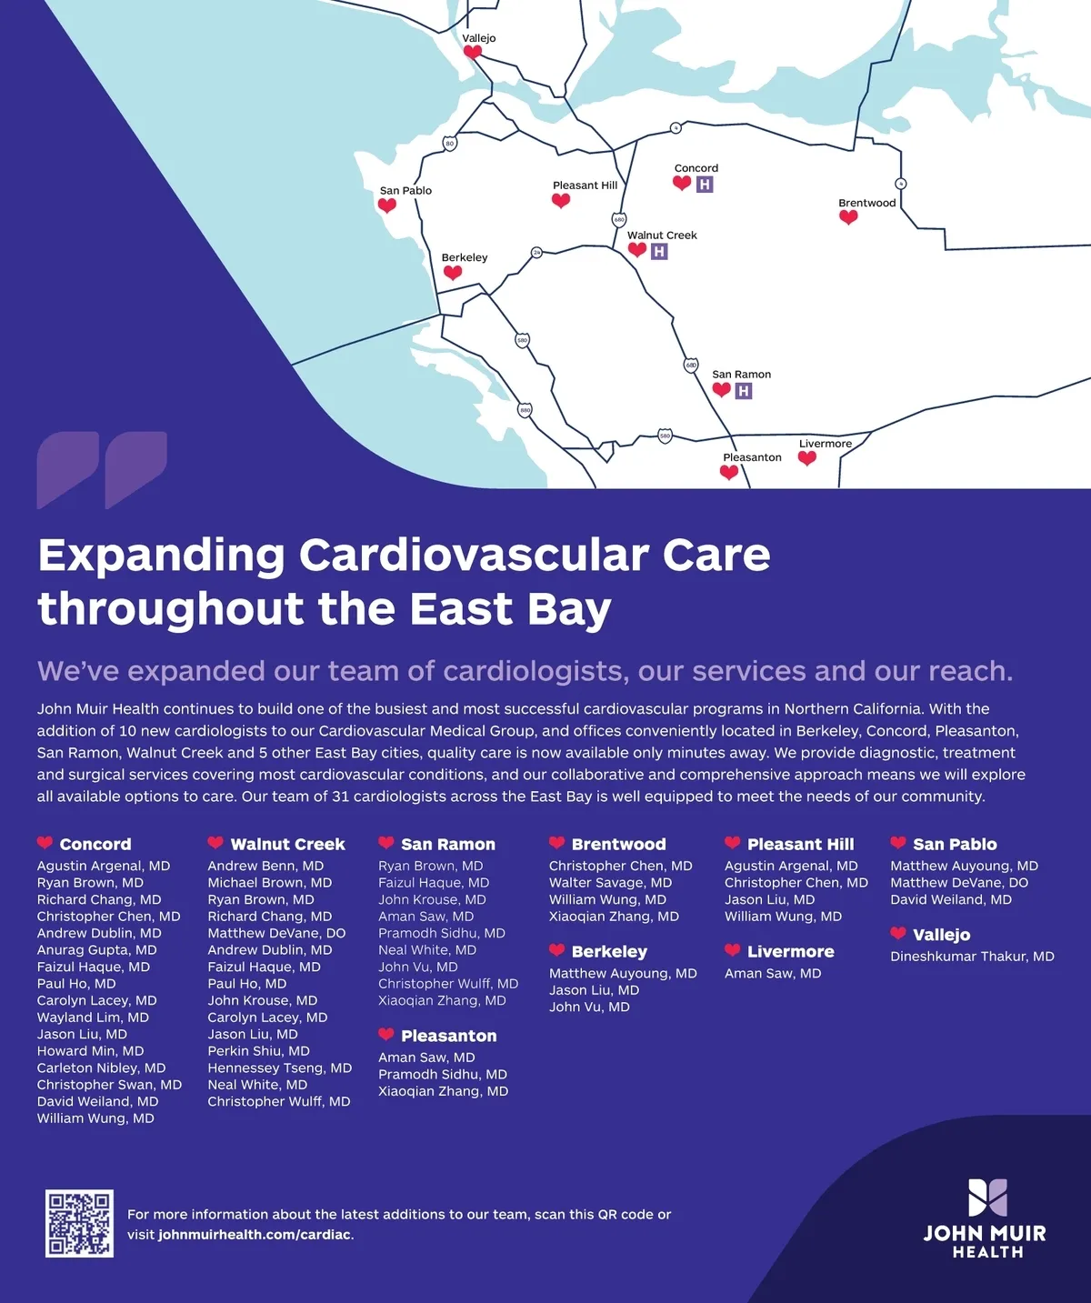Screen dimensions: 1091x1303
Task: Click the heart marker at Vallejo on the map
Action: coord(473,52)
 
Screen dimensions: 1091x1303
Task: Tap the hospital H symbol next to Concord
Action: coord(705,184)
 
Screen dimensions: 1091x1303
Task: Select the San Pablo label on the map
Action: coord(405,190)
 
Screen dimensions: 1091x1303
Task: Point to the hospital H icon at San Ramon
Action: coord(744,391)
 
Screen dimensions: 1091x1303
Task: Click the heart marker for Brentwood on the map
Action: coord(848,217)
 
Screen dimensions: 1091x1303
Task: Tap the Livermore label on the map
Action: coord(826,444)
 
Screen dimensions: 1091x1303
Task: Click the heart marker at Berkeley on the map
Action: coord(453,272)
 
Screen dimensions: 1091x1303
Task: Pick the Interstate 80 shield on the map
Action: coord(449,143)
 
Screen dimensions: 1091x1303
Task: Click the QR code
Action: coord(79,1223)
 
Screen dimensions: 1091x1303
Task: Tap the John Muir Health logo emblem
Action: coord(987,1198)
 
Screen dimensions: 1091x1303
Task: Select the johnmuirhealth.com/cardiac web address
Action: coord(254,1235)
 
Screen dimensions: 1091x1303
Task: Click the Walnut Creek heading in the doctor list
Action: coord(287,845)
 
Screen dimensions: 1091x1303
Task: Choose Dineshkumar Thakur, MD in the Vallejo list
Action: coord(973,956)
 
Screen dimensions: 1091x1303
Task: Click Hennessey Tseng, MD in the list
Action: coord(280,1067)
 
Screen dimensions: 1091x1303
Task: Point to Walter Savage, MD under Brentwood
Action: coord(610,882)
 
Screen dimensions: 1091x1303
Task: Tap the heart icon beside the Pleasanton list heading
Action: coord(386,1035)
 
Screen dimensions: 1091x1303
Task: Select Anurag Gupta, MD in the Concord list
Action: coord(96,950)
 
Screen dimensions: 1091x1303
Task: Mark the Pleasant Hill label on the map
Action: coord(585,185)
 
